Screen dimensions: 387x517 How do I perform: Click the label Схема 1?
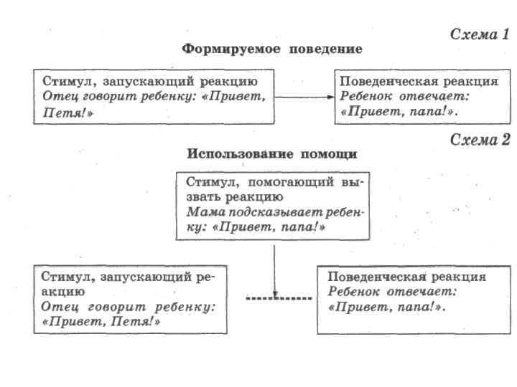pos(479,34)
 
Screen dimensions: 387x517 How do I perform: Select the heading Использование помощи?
pos(272,154)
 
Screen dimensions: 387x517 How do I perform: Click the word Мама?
pos(202,212)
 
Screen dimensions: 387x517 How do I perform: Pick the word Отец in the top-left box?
pos(60,95)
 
